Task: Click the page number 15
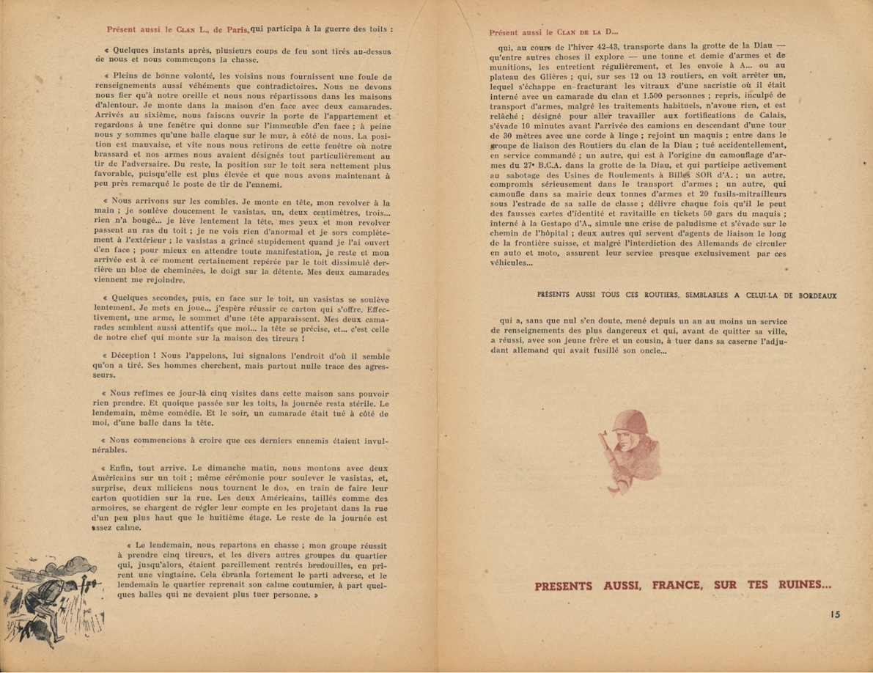(x=836, y=614)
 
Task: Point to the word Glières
(x=549, y=85)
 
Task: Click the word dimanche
(x=221, y=467)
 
